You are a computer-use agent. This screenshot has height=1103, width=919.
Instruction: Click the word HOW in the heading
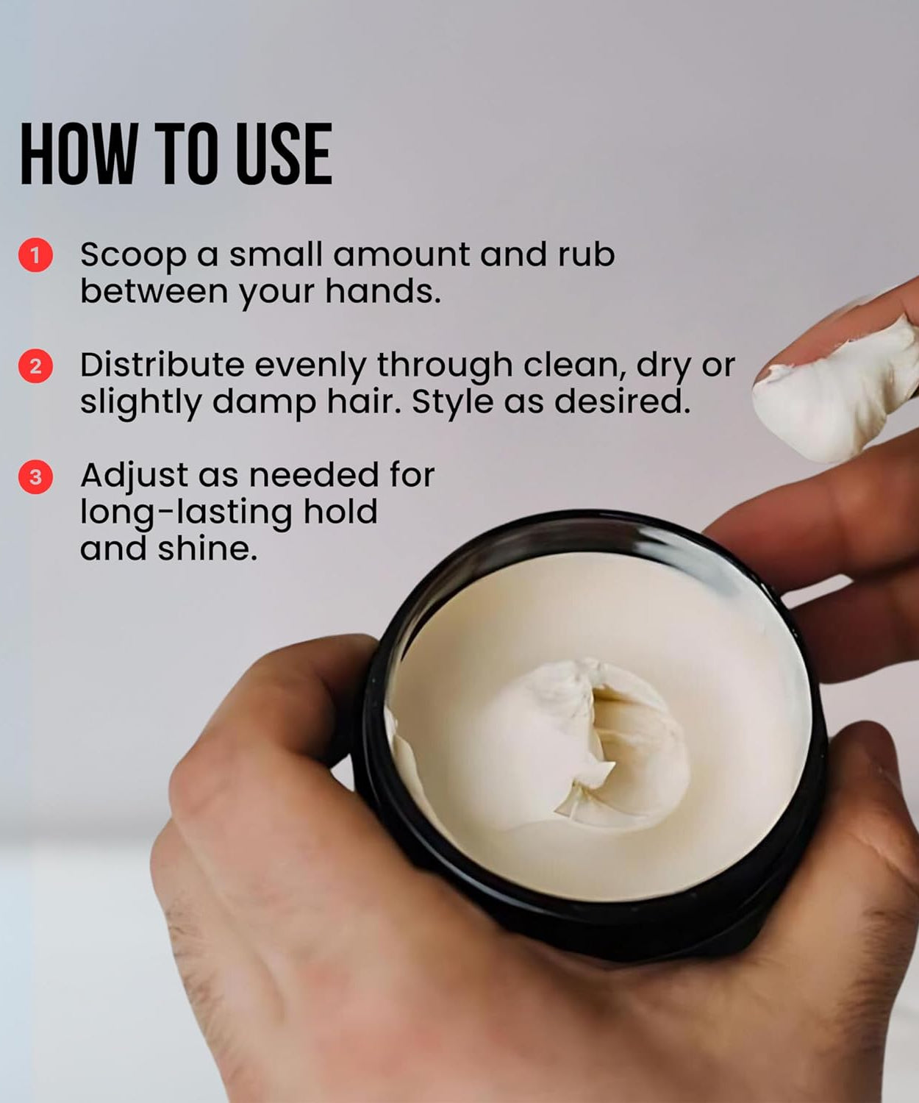(78, 154)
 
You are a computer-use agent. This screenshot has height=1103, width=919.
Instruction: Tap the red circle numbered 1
(35, 255)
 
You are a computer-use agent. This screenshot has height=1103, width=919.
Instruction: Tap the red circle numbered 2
(35, 366)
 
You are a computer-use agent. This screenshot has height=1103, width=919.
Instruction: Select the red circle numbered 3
(35, 477)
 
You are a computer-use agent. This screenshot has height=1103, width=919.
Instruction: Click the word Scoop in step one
(133, 255)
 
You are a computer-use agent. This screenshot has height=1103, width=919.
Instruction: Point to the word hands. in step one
(382, 291)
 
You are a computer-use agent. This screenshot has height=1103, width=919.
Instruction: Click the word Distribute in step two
(161, 365)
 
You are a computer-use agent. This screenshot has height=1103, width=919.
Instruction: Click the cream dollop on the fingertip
(838, 397)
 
